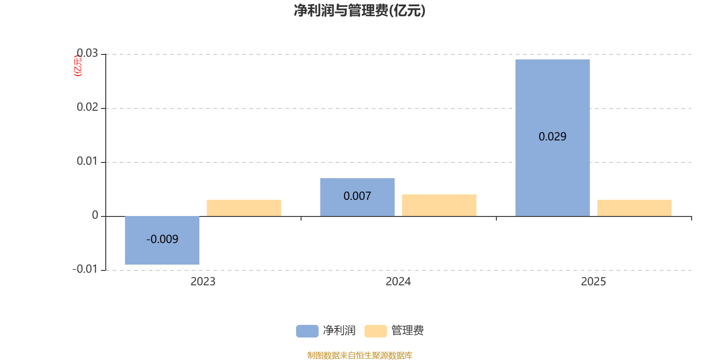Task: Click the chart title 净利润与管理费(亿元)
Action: point(360,10)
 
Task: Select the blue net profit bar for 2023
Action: point(162,252)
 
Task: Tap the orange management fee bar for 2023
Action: point(244,208)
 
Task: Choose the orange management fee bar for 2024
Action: point(439,205)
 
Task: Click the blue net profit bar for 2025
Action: point(553,99)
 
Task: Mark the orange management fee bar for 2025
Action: point(634,208)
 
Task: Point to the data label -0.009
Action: point(162,239)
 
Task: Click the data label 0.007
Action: point(357,196)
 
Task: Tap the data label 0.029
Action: point(553,137)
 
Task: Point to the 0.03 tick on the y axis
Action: point(87,54)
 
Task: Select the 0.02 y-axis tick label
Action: point(87,107)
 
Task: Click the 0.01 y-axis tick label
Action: point(87,161)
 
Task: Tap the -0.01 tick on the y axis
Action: point(85,269)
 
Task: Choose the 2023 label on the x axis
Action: point(203,282)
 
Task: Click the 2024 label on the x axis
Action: point(398,282)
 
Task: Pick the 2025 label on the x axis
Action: point(594,282)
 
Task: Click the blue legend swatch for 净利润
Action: point(307,331)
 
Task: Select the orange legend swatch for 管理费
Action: point(375,331)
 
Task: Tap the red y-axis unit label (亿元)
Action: point(78,66)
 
